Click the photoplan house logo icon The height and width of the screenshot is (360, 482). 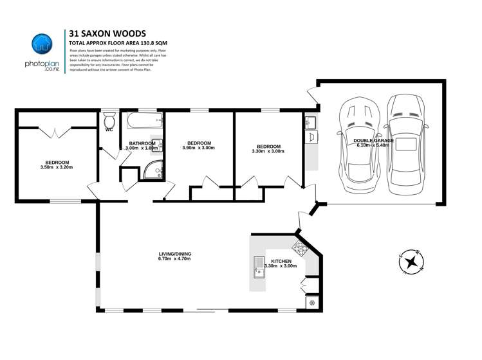[42, 44]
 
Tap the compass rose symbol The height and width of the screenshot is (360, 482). [409, 261]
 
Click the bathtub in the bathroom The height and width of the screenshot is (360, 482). [142, 120]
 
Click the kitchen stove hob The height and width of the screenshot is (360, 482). [300, 248]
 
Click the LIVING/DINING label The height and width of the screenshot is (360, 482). [175, 254]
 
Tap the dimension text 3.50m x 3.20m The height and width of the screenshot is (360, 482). [57, 168]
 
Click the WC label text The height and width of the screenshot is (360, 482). [109, 130]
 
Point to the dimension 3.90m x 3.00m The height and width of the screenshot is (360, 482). [199, 148]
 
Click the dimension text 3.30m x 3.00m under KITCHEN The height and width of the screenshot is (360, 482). [280, 265]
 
